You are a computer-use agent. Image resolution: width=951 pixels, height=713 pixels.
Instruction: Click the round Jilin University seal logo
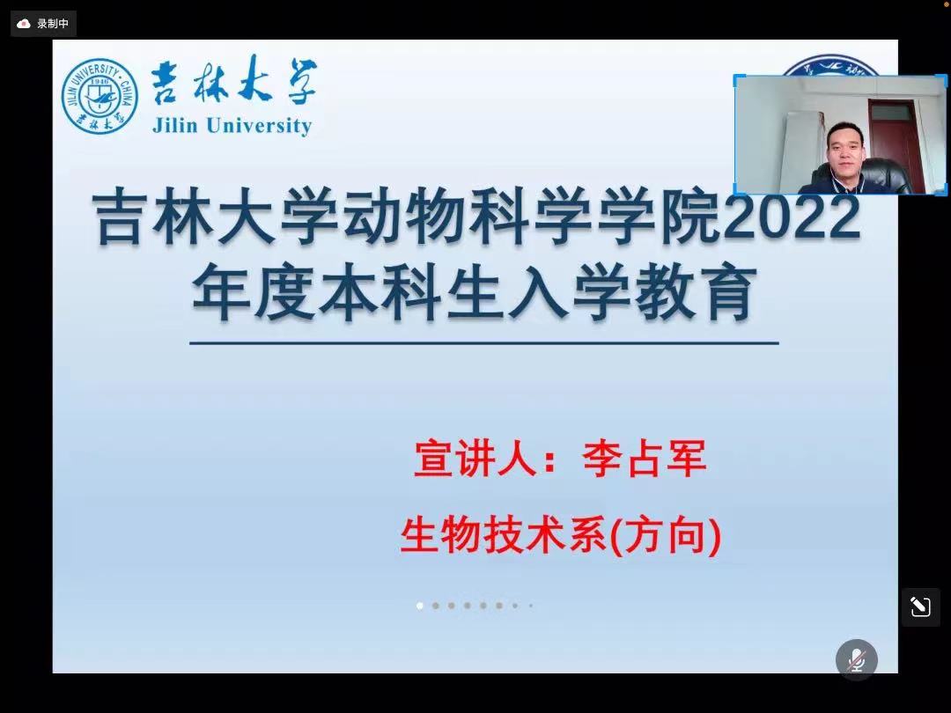point(100,96)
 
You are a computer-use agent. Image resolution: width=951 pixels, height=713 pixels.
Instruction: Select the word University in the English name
point(259,126)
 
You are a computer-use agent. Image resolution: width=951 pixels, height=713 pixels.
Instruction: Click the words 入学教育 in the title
point(631,293)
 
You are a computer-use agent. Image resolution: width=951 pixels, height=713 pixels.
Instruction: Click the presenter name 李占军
point(644,459)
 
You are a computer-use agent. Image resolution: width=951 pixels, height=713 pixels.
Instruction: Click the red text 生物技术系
point(504,535)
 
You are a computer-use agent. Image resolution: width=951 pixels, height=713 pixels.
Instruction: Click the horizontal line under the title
point(484,343)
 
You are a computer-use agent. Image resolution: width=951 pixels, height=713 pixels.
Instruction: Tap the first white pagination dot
point(420,606)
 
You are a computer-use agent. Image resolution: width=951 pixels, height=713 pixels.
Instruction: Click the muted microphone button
point(857,659)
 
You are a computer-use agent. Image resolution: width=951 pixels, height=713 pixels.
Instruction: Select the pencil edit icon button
point(921,606)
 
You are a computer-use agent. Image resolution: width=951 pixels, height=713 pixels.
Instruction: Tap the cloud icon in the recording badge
point(24,24)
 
